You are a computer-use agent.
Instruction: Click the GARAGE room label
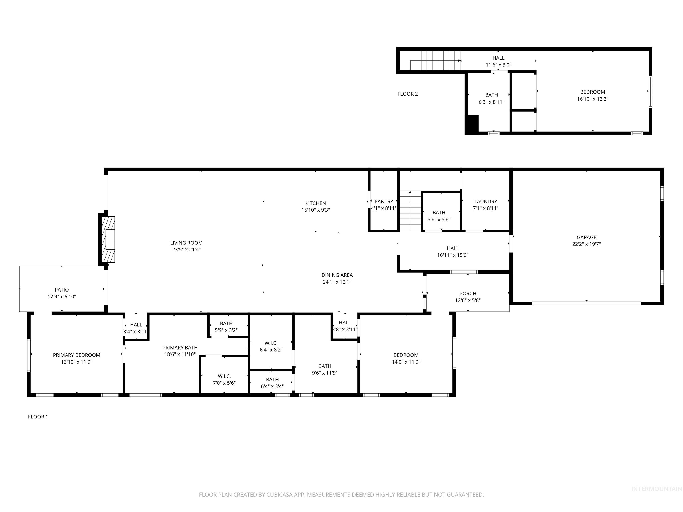(586, 237)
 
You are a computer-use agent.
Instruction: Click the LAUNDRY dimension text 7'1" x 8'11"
(485, 208)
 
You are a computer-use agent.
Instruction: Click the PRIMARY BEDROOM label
(76, 355)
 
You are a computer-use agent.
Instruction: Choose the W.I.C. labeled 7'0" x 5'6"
(224, 380)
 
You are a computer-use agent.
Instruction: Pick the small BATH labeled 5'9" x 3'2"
(226, 326)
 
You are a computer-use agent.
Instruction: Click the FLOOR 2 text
(407, 94)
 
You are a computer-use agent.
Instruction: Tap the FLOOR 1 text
(38, 417)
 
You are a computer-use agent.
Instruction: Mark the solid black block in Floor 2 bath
(472, 124)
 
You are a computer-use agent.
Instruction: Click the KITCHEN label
(315, 203)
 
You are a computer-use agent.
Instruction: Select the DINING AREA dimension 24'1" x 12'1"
(337, 282)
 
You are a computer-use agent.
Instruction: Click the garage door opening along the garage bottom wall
(586, 303)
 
